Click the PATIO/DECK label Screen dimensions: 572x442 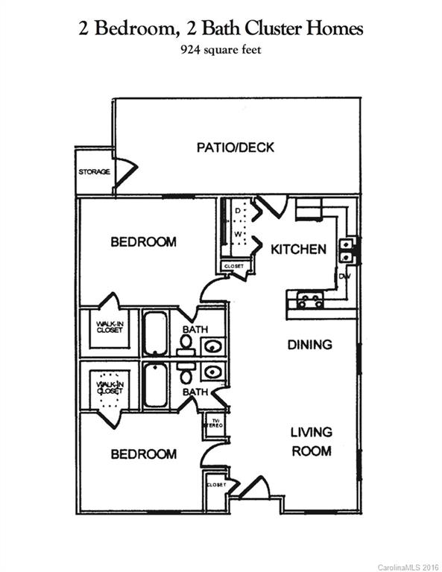235,147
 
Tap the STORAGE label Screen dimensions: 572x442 94,172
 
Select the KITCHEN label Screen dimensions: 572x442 298,249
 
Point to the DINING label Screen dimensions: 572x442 309,345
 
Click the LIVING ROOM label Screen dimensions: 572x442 311,441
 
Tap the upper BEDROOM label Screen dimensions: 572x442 144,242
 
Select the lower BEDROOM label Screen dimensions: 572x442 144,454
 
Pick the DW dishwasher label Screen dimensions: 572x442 344,276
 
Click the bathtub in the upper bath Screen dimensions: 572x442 155,333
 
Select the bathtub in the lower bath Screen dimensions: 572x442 155,385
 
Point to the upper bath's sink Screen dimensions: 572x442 212,346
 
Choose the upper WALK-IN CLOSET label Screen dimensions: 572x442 109,328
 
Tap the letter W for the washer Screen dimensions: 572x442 239,234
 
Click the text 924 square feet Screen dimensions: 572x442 221,51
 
